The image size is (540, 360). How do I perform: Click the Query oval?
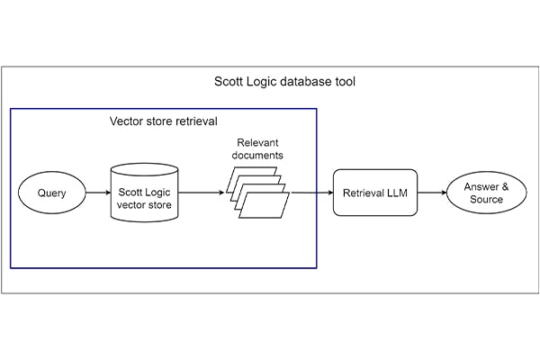click(51, 193)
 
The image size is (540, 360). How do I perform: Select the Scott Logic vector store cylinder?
click(140, 192)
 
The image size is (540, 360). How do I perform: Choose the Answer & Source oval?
click(486, 193)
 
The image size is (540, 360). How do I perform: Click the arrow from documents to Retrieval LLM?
click(310, 193)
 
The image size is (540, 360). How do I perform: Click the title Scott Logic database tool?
click(270, 82)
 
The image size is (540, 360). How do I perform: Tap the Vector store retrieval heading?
click(162, 121)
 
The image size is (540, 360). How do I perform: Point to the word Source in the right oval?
click(486, 199)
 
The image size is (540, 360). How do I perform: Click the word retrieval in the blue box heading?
click(195, 121)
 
